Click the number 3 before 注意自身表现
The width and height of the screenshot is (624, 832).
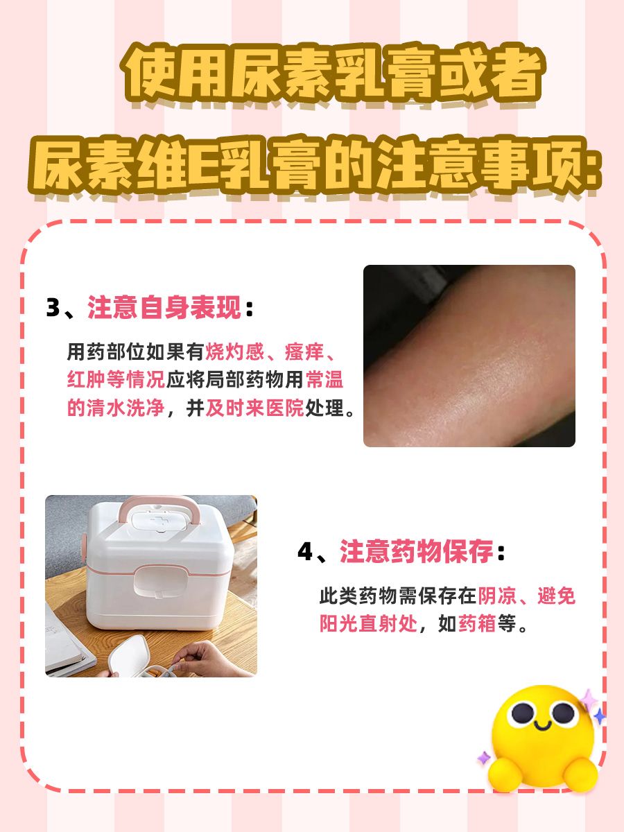[x=53, y=308]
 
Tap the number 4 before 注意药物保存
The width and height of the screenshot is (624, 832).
[x=306, y=553]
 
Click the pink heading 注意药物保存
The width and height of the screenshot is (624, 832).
[x=417, y=553]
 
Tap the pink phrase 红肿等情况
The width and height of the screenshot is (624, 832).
[x=115, y=380]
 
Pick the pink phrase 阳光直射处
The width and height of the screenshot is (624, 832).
[x=368, y=623]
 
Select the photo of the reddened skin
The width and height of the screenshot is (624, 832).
[x=469, y=356]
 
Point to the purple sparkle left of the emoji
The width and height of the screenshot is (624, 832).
[x=483, y=758]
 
